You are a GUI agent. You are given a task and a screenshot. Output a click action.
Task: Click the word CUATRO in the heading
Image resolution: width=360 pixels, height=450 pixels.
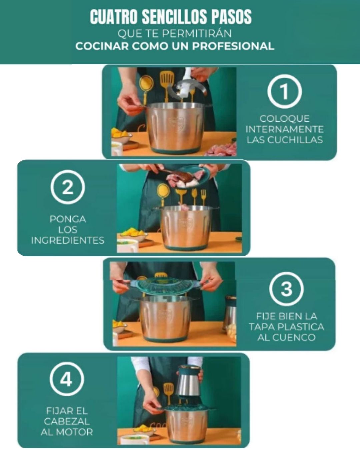114,17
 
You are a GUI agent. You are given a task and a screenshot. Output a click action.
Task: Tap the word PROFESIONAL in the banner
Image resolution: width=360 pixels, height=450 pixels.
233,46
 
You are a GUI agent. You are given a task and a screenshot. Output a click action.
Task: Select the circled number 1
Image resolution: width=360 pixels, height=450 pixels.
284,91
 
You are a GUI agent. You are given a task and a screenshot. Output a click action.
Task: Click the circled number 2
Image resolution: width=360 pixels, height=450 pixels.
68,187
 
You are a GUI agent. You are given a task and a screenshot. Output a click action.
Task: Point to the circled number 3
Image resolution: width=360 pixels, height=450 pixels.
286,289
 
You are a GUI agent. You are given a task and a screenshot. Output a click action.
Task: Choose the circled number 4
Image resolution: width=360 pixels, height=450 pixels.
67,379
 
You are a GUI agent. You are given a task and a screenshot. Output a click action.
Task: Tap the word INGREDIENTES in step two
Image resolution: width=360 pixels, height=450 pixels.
68,240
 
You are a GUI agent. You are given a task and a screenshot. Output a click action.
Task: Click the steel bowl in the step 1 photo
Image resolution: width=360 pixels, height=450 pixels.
175,128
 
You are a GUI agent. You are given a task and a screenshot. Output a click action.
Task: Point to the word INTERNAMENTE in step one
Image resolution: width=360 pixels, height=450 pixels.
284,129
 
